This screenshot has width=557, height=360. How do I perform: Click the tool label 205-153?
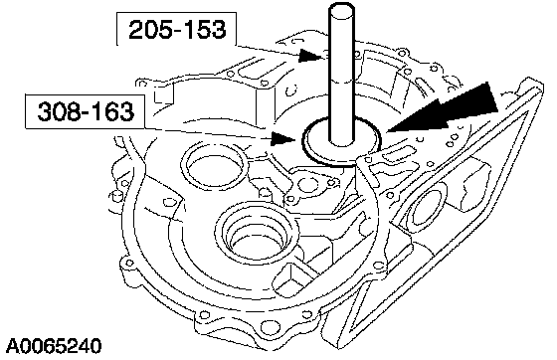[x=177, y=30]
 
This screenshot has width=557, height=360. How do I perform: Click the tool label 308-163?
[x=86, y=111]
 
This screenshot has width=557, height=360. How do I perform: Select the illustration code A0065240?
[x=54, y=346]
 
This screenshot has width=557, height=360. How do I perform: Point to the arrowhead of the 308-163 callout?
[x=282, y=138]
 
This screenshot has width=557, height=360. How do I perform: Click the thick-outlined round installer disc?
[x=341, y=141]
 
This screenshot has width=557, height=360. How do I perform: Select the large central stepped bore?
[x=257, y=232]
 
